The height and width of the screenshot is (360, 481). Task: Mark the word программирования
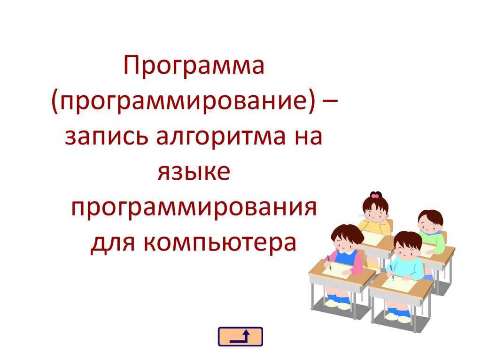pos(194,207)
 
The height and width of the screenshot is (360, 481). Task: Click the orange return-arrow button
pos(240,337)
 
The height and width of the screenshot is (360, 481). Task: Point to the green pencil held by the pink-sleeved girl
pos(329,264)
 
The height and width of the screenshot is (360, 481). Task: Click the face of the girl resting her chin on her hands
pos(373,213)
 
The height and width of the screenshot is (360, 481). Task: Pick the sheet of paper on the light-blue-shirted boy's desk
pos(400,283)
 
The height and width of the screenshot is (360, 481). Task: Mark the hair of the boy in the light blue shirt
pos(408,239)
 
